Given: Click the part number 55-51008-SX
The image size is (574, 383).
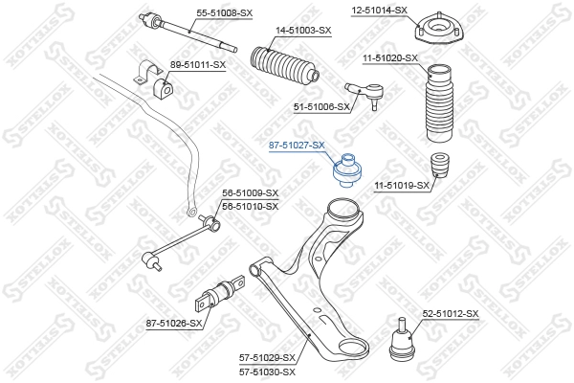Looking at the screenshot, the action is [225, 13].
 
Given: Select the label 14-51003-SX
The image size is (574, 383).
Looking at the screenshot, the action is [303, 31].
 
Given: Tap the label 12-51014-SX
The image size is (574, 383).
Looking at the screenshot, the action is [379, 11].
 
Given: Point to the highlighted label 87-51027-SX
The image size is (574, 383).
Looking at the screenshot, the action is [297, 146].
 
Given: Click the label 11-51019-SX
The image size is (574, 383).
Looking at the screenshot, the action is [402, 186].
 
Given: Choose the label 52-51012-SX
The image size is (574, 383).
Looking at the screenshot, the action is [451, 314].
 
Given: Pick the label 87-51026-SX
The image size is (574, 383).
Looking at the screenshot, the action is [174, 324].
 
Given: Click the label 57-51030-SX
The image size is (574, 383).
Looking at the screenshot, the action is [267, 372].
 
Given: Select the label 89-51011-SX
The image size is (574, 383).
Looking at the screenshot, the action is [198, 65].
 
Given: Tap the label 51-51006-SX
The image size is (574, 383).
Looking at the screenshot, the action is [321, 107].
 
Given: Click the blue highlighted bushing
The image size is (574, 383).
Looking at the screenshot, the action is [346, 170].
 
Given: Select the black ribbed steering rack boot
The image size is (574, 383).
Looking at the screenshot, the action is [284, 64].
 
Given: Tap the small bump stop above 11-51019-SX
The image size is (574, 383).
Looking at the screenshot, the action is [439, 165].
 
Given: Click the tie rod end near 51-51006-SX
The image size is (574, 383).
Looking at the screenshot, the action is [364, 94].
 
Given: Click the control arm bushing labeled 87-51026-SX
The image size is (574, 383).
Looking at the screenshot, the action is [220, 294].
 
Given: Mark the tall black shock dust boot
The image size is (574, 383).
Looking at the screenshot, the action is [439, 102].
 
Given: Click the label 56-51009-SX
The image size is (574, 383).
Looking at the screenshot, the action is [251, 193].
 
